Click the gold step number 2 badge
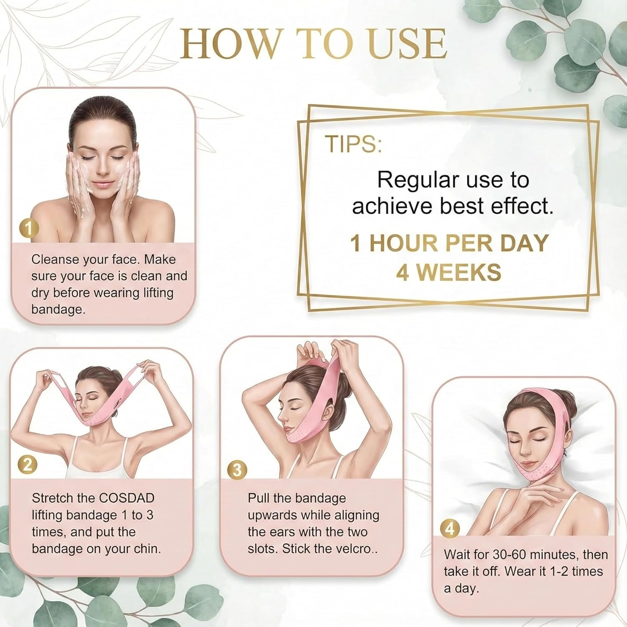tap(28, 465)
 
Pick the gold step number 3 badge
tap(237, 470)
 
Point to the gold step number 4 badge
tap(450, 529)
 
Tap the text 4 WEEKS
tap(449, 272)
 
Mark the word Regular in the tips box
tap(412, 180)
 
